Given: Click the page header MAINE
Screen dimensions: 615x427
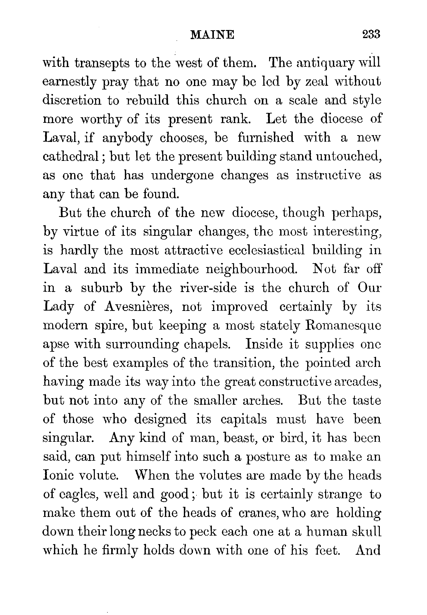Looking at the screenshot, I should tap(212, 35).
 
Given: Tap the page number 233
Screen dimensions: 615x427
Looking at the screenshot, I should tap(371, 35).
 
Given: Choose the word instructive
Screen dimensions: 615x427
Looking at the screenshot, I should tap(328, 175).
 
